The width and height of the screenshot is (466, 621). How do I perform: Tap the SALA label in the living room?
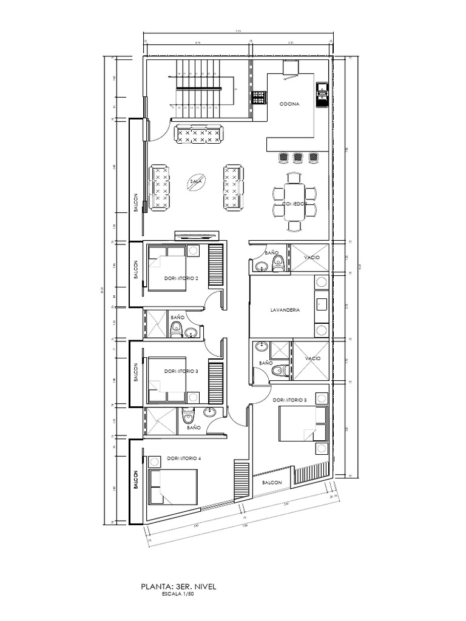click(x=195, y=181)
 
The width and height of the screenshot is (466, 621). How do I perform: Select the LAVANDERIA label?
click(x=282, y=310)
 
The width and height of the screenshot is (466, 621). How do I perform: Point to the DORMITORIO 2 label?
click(x=181, y=278)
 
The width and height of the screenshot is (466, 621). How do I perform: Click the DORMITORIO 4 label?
click(x=184, y=458)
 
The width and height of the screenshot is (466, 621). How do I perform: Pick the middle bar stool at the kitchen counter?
click(x=298, y=158)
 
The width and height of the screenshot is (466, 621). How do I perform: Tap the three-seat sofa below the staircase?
click(x=198, y=134)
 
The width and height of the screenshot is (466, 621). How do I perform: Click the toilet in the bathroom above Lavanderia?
click(x=279, y=263)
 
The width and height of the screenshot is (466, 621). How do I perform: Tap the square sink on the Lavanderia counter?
click(x=322, y=304)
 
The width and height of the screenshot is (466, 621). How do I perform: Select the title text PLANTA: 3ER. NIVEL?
click(x=178, y=586)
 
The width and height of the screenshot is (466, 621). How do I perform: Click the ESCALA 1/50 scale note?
click(x=178, y=595)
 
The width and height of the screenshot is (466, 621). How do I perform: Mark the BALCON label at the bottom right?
click(x=272, y=483)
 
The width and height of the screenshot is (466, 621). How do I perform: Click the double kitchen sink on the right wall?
click(x=321, y=93)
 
